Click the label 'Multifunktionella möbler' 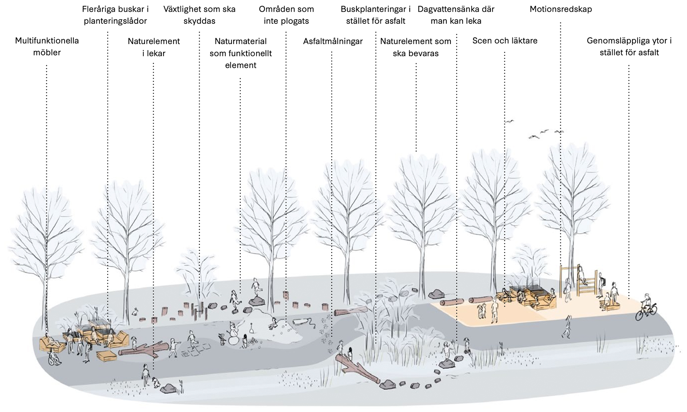click(47, 46)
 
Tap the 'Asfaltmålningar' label click(333, 41)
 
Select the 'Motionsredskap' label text click(560, 9)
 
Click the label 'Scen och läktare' click(505, 41)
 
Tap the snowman click(233, 334)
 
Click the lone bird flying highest click(509, 121)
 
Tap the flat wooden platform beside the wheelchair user click(105, 356)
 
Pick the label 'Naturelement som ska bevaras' click(416, 47)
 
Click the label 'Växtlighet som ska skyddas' click(199, 15)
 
